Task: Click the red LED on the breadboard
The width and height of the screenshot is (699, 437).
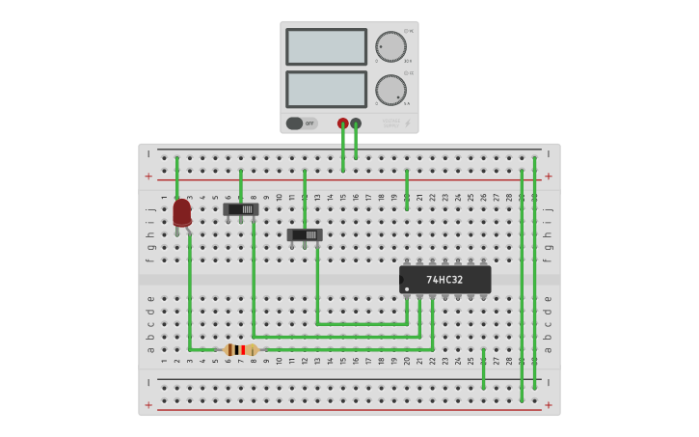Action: tap(181, 212)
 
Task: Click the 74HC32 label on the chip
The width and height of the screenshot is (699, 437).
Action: tap(444, 280)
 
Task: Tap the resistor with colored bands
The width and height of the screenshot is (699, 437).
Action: tap(240, 349)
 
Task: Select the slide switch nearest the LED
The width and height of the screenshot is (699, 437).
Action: tap(241, 208)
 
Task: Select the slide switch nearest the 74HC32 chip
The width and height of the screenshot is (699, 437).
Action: tap(305, 234)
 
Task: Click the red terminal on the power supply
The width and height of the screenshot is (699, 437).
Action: tap(343, 123)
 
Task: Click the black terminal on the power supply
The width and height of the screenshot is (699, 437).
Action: tap(356, 123)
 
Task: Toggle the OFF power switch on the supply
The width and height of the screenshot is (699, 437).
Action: tap(295, 123)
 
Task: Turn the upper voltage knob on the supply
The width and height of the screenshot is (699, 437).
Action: tap(390, 46)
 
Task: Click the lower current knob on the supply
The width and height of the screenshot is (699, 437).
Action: tap(390, 91)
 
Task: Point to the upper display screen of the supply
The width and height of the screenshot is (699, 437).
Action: tap(326, 46)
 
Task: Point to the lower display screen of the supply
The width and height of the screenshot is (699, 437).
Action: tap(326, 90)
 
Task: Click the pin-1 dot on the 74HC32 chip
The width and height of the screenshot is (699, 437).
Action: tap(407, 289)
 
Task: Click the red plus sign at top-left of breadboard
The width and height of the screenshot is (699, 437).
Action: tap(148, 177)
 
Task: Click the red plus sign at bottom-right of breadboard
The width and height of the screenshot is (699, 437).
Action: tap(549, 405)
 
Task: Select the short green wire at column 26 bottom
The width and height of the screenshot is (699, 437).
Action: tap(483, 369)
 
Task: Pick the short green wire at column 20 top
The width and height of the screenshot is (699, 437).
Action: tap(407, 189)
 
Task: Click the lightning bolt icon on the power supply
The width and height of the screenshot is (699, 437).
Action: tap(407, 123)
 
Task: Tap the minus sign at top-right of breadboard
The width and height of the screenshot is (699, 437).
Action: tap(549, 153)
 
